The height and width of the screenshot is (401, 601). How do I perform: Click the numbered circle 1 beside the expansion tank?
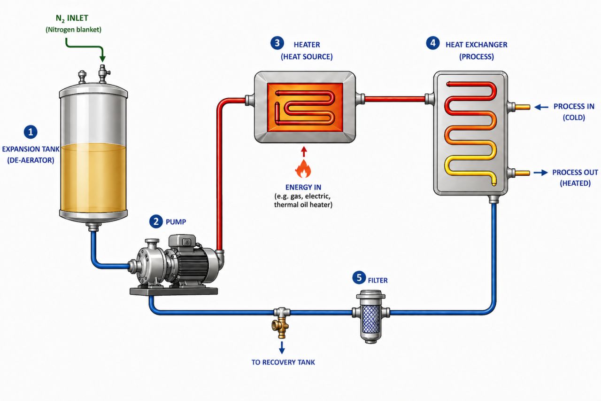[31, 132]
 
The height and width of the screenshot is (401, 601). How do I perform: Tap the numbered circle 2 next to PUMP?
[156, 221]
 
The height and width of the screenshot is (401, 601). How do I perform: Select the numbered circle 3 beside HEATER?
[277, 43]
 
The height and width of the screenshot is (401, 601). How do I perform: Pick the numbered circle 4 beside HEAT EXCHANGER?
[433, 43]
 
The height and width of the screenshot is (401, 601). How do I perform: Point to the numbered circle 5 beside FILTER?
[359, 277]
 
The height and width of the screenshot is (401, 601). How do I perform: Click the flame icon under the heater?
[303, 169]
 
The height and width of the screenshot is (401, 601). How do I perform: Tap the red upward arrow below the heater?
[304, 151]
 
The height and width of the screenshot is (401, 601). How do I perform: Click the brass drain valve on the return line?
[281, 325]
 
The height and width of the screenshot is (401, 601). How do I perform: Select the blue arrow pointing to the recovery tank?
[282, 347]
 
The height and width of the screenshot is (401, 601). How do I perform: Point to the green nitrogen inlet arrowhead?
[102, 59]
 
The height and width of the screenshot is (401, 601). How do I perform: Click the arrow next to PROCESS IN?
[541, 107]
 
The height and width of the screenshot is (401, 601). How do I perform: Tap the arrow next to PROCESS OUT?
[540, 173]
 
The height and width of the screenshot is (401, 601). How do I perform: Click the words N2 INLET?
[72, 18]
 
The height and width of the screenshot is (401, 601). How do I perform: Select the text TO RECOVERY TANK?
[283, 362]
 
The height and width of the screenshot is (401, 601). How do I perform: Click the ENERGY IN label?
[303, 187]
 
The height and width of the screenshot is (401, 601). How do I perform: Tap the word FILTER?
[378, 280]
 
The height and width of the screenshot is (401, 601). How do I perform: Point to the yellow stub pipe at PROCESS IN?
[523, 107]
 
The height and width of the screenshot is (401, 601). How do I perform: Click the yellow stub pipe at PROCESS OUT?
[523, 173]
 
